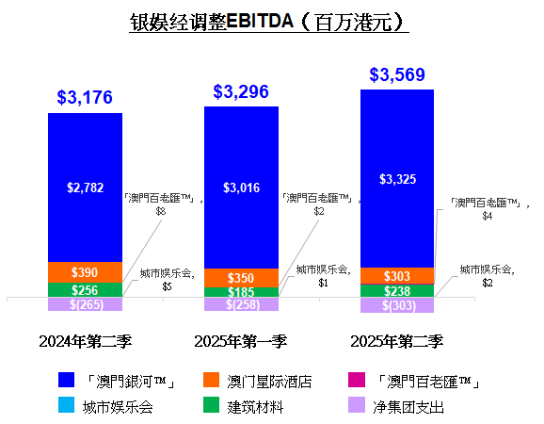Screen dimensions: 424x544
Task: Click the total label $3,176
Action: [85, 96]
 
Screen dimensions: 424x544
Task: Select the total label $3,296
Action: [241, 91]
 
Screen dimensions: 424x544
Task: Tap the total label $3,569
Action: [396, 74]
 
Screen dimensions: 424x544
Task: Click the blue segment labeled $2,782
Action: [85, 187]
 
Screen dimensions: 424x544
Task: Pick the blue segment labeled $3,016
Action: [241, 187]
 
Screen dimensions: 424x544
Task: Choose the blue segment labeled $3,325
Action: [397, 178]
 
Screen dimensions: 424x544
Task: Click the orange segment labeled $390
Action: [85, 271]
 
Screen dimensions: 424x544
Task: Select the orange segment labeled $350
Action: [241, 278]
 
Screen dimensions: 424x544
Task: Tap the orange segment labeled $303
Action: [397, 275]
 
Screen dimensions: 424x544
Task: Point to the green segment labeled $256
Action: [85, 290]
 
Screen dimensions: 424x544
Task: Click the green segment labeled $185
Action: [241, 293]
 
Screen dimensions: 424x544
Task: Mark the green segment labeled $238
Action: [397, 291]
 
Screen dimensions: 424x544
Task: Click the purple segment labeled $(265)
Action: [85, 304]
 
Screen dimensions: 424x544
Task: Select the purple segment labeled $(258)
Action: [241, 304]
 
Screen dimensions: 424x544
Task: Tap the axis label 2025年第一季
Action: [241, 340]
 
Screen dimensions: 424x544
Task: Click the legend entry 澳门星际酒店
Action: [259, 381]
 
